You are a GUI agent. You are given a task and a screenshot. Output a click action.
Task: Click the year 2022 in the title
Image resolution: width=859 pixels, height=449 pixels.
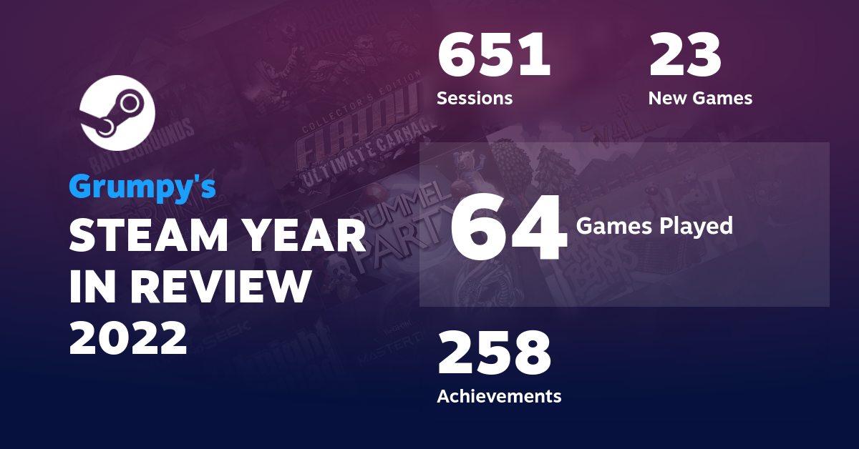point(128,337)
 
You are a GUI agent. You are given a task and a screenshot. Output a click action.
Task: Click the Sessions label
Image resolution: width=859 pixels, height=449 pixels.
point(475,98)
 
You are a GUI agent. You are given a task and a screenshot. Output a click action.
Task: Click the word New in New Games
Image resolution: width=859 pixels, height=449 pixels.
point(667,98)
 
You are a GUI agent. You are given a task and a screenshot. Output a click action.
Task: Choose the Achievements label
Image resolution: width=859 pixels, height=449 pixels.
point(499,395)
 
